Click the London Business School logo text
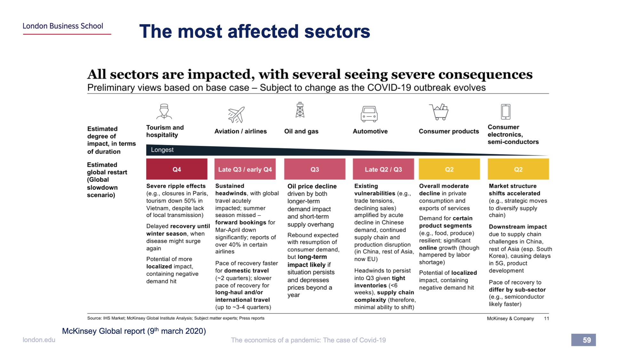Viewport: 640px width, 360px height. pyautogui.click(x=63, y=26)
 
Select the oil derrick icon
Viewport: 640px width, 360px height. pyautogui.click(x=300, y=110)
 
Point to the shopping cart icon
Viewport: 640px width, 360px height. pyautogui.click(x=439, y=112)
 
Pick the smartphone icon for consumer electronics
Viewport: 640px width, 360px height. pyautogui.click(x=506, y=112)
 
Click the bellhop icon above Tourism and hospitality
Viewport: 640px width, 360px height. pyautogui.click(x=164, y=111)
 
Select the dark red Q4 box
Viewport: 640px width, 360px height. pyautogui.click(x=177, y=169)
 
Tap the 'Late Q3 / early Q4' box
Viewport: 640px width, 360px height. pyautogui.click(x=245, y=169)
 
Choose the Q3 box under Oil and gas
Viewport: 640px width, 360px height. pyautogui.click(x=315, y=169)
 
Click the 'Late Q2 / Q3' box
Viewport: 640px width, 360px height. pyautogui.click(x=383, y=169)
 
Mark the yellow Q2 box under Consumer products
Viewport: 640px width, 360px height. pyautogui.click(x=449, y=169)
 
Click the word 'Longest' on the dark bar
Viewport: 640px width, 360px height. pyautogui.click(x=162, y=150)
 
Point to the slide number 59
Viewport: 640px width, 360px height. pyautogui.click(x=587, y=340)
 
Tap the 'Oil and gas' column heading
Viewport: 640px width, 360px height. pyautogui.click(x=301, y=131)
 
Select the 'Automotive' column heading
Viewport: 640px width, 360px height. pyautogui.click(x=370, y=131)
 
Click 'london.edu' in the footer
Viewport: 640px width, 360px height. pyautogui.click(x=39, y=340)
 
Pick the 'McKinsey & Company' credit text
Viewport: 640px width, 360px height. pyautogui.click(x=510, y=318)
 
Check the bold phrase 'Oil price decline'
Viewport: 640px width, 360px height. pyautogui.click(x=312, y=186)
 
